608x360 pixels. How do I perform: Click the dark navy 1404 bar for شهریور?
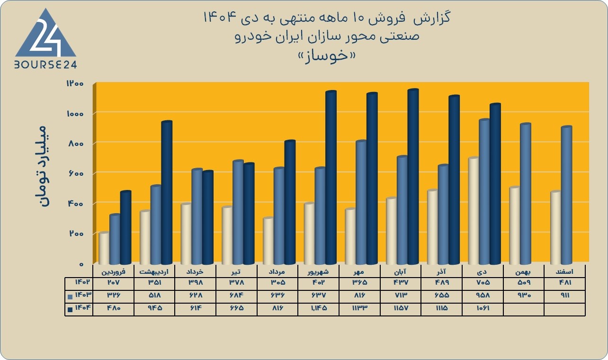[331, 177]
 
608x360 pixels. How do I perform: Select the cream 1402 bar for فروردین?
[104, 248]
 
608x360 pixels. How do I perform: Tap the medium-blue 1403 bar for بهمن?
[526, 194]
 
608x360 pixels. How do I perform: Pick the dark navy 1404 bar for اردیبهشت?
[167, 192]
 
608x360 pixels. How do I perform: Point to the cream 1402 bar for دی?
[474, 211]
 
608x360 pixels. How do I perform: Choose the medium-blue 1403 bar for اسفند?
[566, 195]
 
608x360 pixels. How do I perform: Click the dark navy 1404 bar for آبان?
[413, 177]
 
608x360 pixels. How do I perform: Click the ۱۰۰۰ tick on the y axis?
[75, 114]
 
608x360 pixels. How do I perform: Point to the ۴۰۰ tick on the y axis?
[75, 204]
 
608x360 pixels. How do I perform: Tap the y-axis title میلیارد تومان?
[43, 166]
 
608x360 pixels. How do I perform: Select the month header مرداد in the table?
[277, 271]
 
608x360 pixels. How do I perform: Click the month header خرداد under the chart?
[195, 271]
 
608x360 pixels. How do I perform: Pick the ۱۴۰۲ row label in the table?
[82, 282]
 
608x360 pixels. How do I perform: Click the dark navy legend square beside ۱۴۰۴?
[70, 309]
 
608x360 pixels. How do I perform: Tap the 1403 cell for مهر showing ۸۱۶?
[360, 295]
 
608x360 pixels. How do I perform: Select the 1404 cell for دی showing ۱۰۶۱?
[483, 308]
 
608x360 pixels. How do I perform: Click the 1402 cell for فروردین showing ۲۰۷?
[113, 282]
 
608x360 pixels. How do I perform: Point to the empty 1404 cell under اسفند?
[564, 309]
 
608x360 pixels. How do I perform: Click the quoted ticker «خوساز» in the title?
[327, 56]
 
